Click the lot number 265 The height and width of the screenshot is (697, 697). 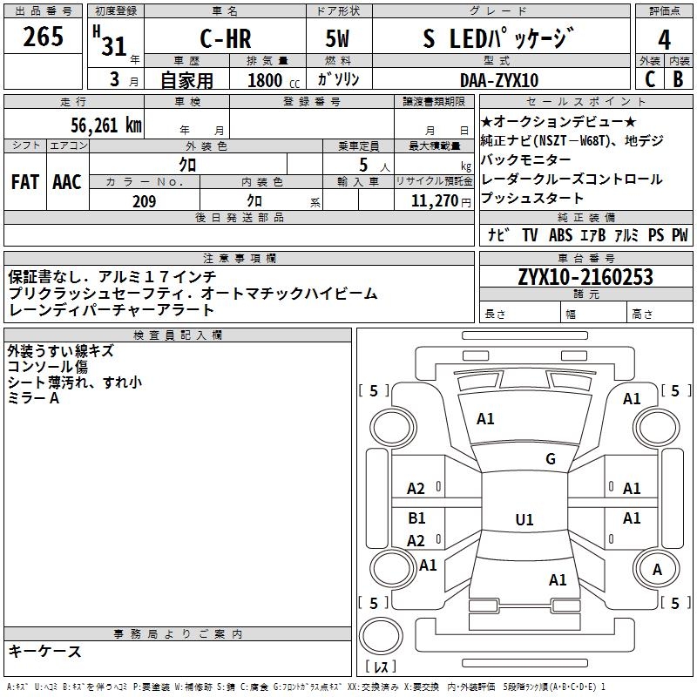pyautogui.click(x=43, y=37)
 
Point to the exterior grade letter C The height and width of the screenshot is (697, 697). pyautogui.click(x=650, y=79)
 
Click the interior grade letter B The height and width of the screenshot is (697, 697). pyautogui.click(x=678, y=79)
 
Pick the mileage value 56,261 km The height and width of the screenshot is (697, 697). pyautogui.click(x=105, y=125)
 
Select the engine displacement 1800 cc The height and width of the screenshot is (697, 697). pyautogui.click(x=272, y=80)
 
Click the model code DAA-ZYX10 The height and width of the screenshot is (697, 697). pyautogui.click(x=498, y=80)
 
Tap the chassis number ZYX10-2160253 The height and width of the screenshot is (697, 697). pyautogui.click(x=585, y=277)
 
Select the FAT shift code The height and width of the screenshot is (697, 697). pyautogui.click(x=24, y=182)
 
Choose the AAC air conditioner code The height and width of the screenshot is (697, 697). pyautogui.click(x=66, y=182)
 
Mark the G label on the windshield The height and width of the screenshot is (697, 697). pyautogui.click(x=551, y=459)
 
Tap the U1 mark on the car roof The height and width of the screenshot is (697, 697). pyautogui.click(x=524, y=520)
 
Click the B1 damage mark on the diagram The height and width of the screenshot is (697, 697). pyautogui.click(x=416, y=518)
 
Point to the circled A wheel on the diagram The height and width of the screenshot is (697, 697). pyautogui.click(x=658, y=570)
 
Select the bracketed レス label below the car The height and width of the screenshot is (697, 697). pyautogui.click(x=381, y=667)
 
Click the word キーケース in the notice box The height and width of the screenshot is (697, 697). pyautogui.click(x=44, y=652)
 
